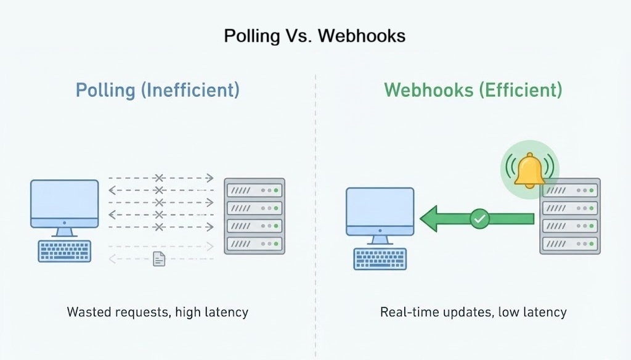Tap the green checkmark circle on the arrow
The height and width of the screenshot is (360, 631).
tap(479, 218)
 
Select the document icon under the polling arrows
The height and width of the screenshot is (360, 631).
tap(159, 259)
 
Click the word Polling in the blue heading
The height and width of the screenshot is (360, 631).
tap(105, 91)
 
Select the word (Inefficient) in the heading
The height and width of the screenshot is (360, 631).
tap(190, 91)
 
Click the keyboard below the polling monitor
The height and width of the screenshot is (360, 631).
tap(64, 251)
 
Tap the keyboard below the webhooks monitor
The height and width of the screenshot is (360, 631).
tap(379, 259)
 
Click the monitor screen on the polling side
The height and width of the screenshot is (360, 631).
tap(65, 203)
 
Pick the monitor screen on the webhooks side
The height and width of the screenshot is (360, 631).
tap(380, 211)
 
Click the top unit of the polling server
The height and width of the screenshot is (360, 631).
tap(254, 189)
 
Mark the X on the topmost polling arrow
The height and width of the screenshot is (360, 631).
tap(159, 178)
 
